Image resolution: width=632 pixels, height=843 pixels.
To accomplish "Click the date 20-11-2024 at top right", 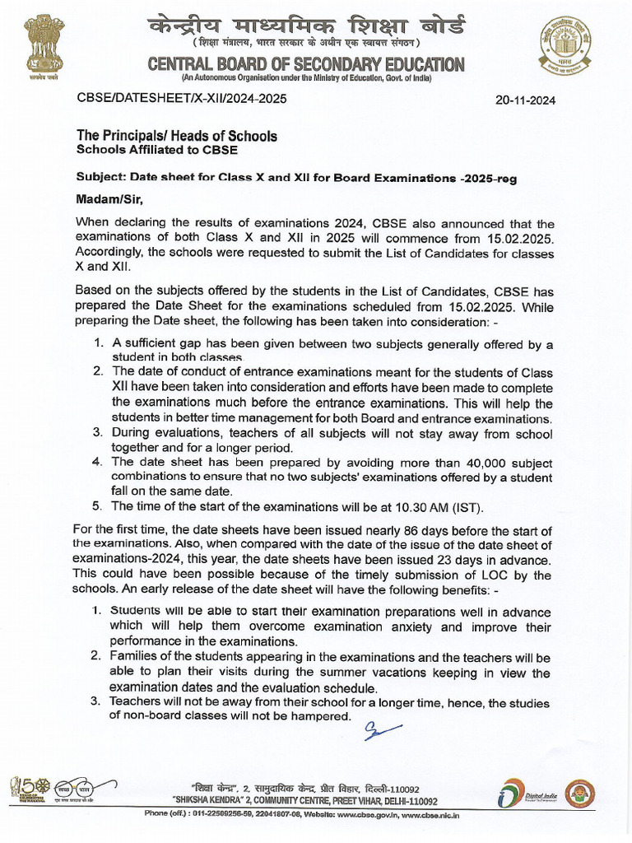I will point(525,100).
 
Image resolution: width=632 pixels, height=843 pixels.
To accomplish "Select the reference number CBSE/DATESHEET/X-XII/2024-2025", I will point(182,98).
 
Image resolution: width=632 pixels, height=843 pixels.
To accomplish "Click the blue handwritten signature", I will point(383,729).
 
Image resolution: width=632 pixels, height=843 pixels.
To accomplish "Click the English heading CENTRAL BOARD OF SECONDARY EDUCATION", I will point(305,64).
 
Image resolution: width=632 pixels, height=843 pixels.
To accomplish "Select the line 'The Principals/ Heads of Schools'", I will point(176,136).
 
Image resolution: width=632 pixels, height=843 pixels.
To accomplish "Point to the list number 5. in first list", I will point(97,505).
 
